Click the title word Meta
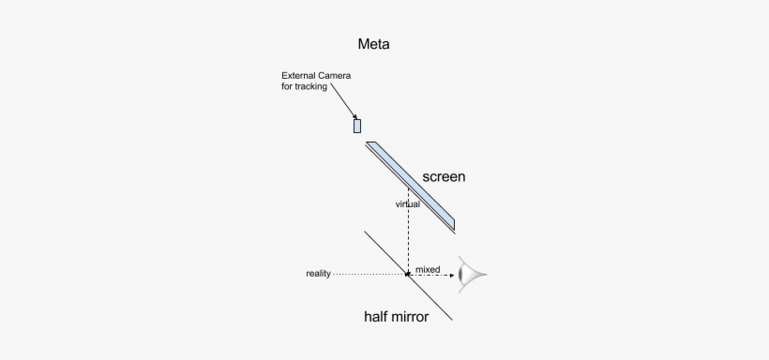coord(373,44)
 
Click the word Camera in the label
coord(341,76)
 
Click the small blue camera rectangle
coord(357,126)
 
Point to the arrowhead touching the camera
coord(355,117)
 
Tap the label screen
coord(444,176)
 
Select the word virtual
coord(407,203)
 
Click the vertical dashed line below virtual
coord(408,239)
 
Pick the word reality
coord(318,274)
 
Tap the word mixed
coord(428,269)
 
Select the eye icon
coord(472,274)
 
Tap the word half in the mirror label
coord(376,317)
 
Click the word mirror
coord(410,317)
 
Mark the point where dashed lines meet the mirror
coord(408,274)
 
